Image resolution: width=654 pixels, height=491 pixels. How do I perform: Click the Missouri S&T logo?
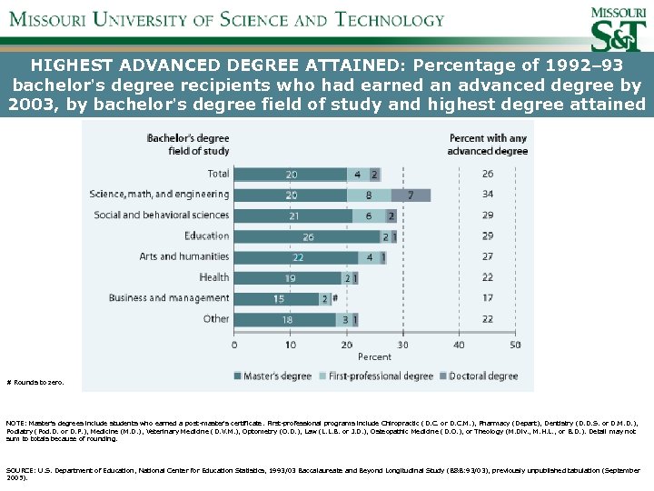pos(619,28)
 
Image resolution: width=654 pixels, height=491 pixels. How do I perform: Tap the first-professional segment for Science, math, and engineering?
pos(369,195)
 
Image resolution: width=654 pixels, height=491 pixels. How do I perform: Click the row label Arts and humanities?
pos(183,257)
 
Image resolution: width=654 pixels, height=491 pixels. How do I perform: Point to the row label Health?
pos(214,277)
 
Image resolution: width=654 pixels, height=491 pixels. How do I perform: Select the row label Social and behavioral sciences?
pos(162,215)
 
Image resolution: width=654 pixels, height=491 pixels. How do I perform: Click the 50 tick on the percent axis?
pos(515,346)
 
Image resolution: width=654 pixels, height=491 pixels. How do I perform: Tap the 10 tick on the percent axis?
pos(291,346)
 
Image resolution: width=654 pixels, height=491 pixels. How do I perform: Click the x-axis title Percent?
pos(374,357)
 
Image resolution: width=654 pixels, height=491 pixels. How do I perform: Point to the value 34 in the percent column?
pos(488,195)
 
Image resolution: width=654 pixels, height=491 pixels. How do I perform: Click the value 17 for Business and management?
pos(488,298)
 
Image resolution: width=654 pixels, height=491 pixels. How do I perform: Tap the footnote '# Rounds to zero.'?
pos(35,383)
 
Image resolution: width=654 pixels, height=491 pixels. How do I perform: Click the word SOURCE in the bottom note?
pos(20,470)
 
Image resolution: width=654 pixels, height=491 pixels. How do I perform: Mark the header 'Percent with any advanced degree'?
pos(488,145)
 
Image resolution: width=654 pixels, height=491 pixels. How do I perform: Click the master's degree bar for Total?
pos(291,174)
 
